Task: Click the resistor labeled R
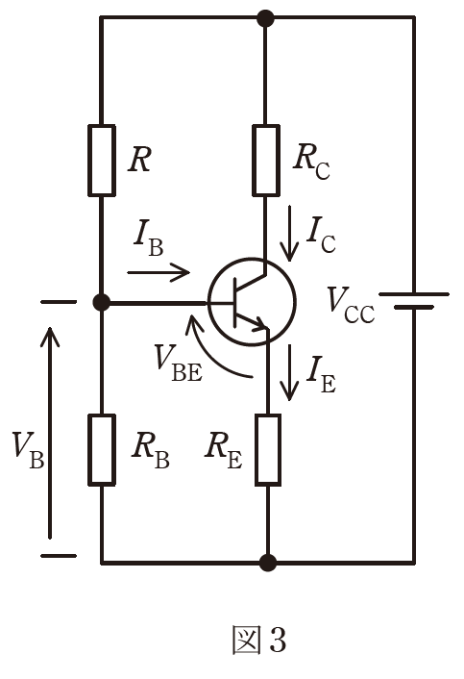102,161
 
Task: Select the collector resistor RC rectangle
266,161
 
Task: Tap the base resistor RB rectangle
102,450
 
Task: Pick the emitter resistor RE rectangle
268,450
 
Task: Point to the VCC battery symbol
414,300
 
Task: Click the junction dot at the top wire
265,18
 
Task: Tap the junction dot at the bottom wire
268,563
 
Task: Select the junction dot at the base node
102,302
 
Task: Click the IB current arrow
159,272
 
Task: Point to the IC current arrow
289,234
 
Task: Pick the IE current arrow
289,372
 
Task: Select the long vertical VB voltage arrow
50,433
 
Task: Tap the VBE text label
179,363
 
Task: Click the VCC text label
351,305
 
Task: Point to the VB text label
28,450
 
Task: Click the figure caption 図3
259,640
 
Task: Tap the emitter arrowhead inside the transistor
260,323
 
